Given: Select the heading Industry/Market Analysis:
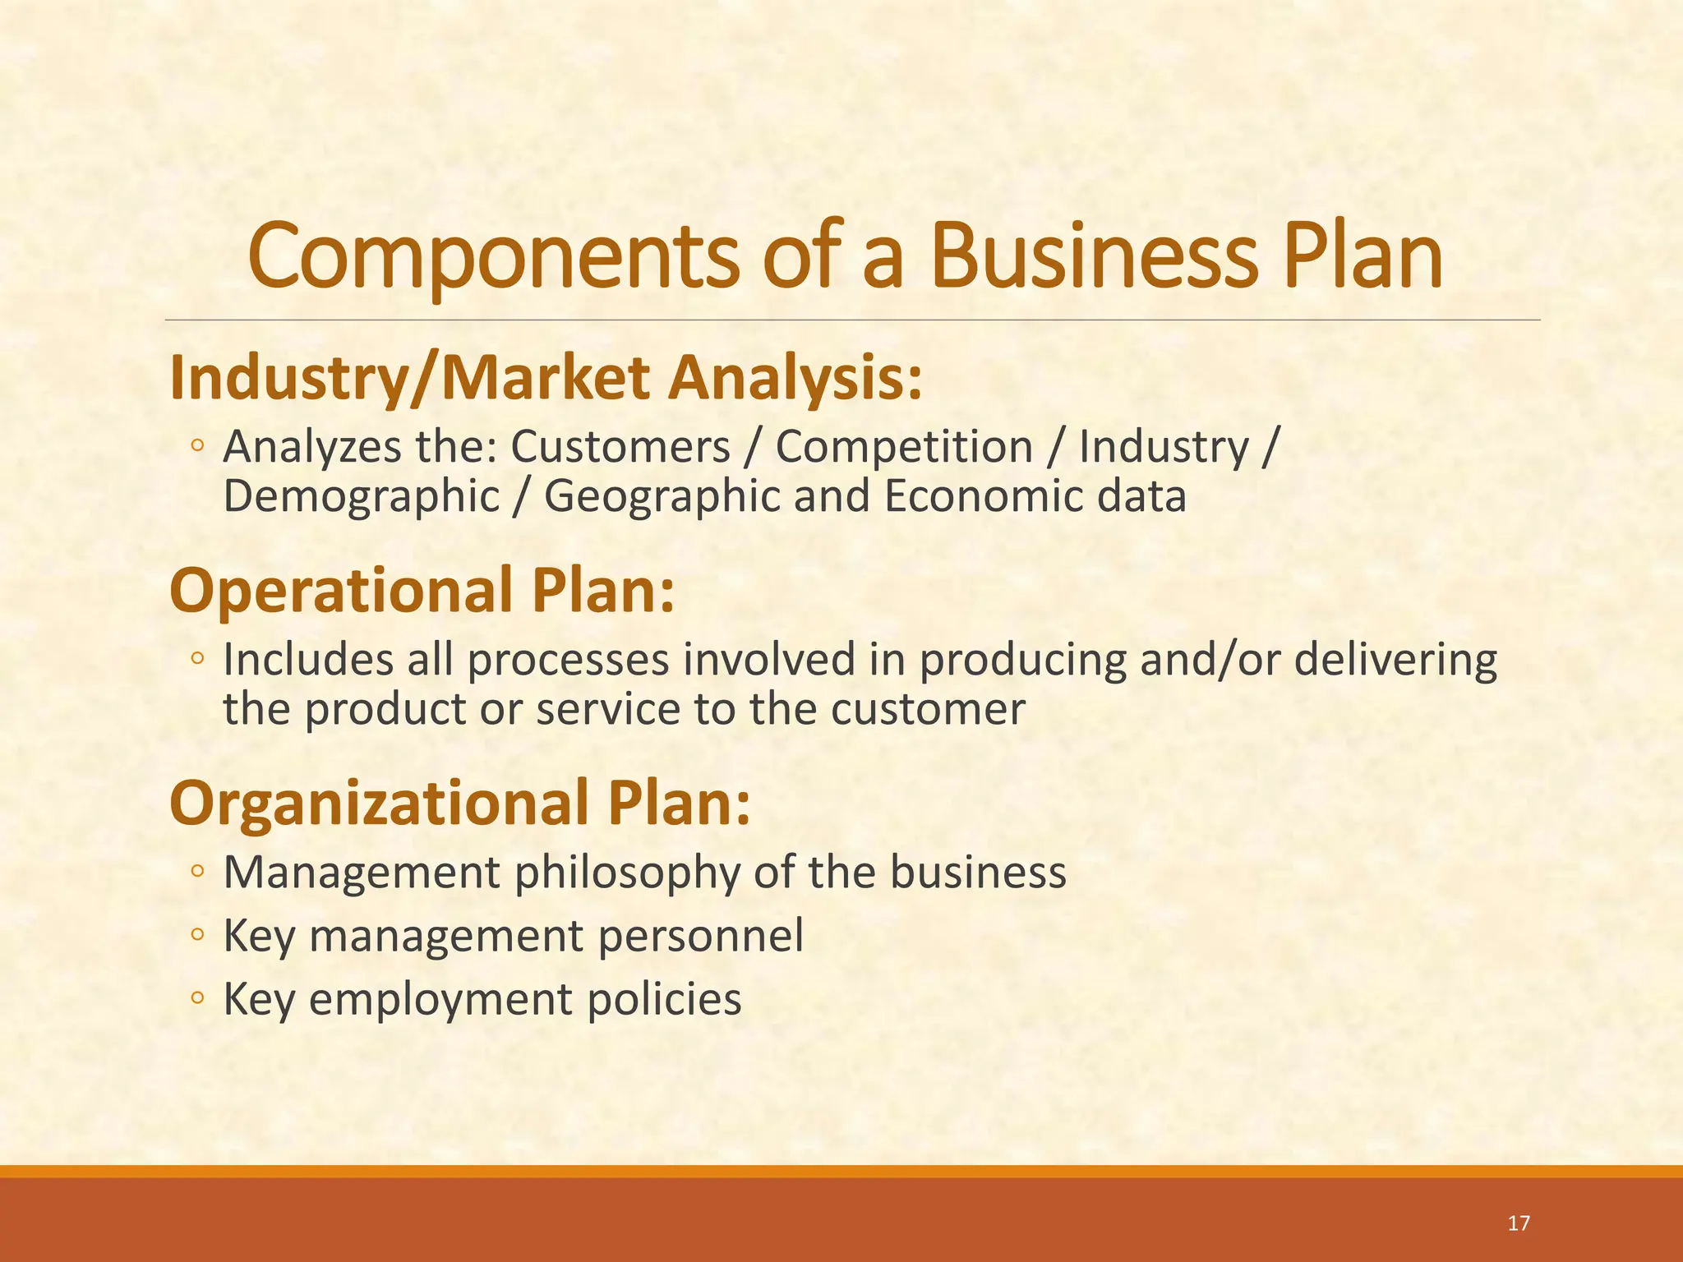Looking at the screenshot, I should pos(546,379).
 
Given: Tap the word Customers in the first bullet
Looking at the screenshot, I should pos(620,448).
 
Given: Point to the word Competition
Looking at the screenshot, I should pos(904,448).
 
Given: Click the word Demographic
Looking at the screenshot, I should pos(362,497).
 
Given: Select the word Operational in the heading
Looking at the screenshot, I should pos(340,592).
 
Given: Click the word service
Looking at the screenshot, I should pos(607,709).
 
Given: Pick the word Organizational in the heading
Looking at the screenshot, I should pos(379,804).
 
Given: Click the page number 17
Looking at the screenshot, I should pos(1519,1223).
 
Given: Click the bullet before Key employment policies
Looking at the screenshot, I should pos(197,998).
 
